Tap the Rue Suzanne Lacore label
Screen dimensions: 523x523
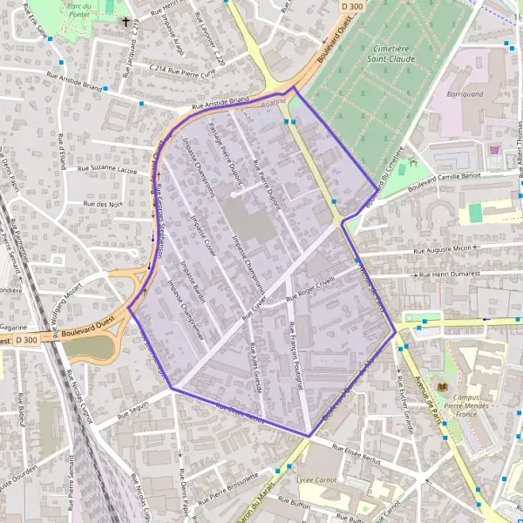tap(107, 169)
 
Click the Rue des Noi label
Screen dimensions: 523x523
tap(101, 203)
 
